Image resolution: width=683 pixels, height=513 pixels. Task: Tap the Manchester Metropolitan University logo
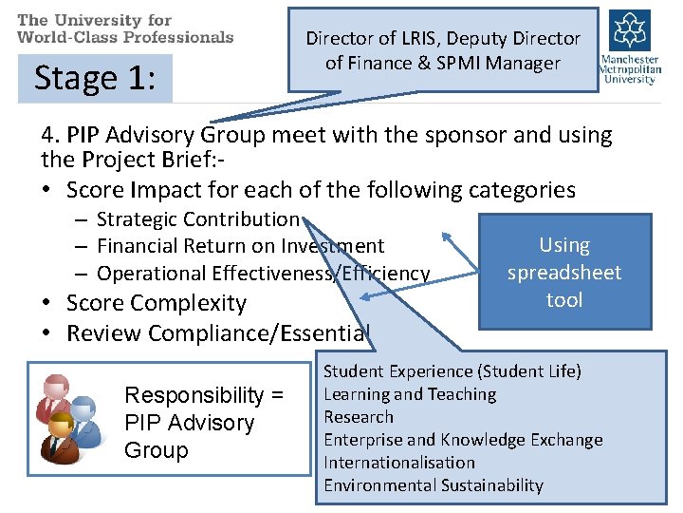pyautogui.click(x=628, y=47)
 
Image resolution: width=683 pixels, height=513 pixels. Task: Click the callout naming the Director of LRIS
pyautogui.click(x=443, y=50)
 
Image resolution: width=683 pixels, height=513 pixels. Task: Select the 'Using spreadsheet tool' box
pyautogui.click(x=564, y=273)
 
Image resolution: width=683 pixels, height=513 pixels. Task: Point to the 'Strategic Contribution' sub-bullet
pyautogui.click(x=197, y=219)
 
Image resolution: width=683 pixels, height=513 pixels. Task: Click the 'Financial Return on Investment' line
pyautogui.click(x=240, y=247)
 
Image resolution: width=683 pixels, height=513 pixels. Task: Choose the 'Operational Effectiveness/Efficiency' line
pyautogui.click(x=263, y=274)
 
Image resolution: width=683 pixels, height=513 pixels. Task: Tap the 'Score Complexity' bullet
pyautogui.click(x=156, y=304)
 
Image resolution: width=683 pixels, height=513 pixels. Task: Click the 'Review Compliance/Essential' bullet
pyautogui.click(x=217, y=333)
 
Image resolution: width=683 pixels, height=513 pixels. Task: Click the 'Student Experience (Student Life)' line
pyautogui.click(x=452, y=371)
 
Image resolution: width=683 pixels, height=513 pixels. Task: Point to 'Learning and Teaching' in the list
pyautogui.click(x=410, y=394)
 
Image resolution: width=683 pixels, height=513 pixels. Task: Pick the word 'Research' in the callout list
pyautogui.click(x=359, y=417)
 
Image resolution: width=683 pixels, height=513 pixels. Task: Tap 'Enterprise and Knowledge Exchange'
pyautogui.click(x=463, y=440)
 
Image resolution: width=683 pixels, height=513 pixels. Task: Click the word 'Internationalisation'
pyautogui.click(x=399, y=463)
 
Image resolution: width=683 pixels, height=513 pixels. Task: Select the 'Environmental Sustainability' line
pyautogui.click(x=434, y=485)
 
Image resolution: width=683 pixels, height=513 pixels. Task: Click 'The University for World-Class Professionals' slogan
pyautogui.click(x=125, y=28)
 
